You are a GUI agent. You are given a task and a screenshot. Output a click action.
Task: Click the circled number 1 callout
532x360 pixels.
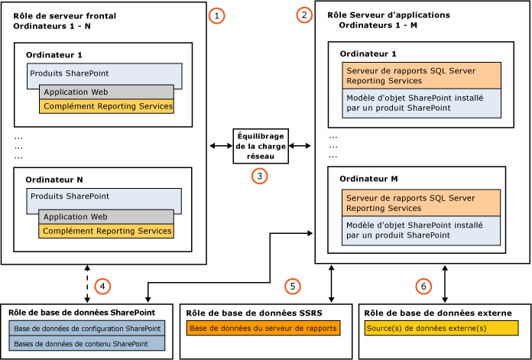(219, 15)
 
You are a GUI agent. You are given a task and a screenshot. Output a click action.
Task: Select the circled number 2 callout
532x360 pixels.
(306, 15)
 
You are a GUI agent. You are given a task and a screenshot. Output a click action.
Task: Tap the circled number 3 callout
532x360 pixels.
(260, 175)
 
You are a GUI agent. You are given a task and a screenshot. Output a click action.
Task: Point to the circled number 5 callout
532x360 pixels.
(291, 286)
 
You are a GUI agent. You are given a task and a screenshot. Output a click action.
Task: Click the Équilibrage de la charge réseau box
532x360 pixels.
(260, 145)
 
